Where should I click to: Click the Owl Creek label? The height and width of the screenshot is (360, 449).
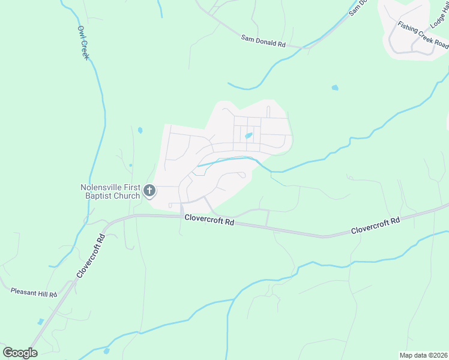tap(83, 43)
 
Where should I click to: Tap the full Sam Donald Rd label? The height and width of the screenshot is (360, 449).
tap(263, 43)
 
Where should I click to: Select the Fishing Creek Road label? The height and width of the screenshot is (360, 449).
tap(423, 35)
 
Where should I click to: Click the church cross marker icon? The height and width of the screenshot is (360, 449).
tap(149, 191)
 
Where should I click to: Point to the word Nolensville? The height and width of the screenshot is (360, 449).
tap(104, 187)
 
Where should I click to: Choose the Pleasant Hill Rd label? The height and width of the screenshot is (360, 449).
tap(34, 292)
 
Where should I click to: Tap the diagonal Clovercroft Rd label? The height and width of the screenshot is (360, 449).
tap(91, 255)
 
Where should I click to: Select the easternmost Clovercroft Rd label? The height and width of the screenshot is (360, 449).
tap(375, 226)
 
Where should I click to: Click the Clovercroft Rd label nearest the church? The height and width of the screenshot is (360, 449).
tap(209, 221)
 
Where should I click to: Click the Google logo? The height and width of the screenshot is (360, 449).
tap(19, 353)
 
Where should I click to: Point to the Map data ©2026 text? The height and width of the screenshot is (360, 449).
tap(423, 355)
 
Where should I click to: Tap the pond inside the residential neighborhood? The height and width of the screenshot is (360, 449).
tap(248, 136)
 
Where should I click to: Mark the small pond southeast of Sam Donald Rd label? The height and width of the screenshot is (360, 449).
tap(335, 88)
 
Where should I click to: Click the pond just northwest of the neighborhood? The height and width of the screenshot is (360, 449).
tap(140, 130)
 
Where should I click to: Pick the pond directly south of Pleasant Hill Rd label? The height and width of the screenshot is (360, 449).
tap(40, 322)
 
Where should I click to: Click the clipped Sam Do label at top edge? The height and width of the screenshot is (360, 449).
tap(358, 7)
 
